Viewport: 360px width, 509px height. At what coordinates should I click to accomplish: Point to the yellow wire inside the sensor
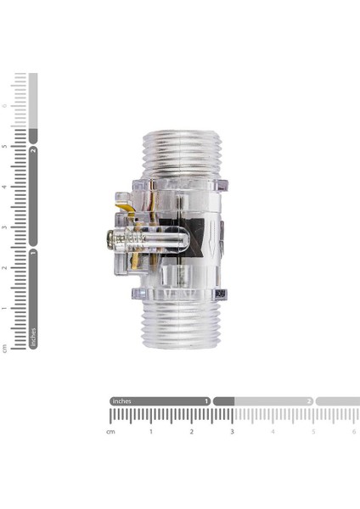tap(126, 206)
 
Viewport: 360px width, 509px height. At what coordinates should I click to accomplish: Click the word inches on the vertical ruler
tap(33, 337)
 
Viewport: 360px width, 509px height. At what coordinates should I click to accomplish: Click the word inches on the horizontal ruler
tap(122, 401)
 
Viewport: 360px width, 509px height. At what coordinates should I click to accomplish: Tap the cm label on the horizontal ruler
tap(110, 432)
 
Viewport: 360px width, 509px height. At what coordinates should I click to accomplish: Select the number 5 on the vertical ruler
tap(5, 146)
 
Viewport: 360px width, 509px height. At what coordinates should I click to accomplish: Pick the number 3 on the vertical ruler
tap(5, 227)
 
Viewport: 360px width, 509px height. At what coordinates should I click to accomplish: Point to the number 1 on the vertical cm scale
tap(5, 308)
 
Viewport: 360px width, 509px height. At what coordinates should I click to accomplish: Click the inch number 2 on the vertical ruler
tap(33, 150)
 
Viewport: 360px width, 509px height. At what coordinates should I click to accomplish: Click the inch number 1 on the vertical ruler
tap(33, 252)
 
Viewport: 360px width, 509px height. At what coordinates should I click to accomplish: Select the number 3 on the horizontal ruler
tap(232, 432)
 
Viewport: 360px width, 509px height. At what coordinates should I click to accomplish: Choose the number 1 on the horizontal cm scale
tap(151, 432)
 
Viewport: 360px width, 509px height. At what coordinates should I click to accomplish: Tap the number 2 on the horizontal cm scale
tap(192, 432)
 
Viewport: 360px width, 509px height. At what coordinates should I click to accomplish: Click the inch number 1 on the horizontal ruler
tap(205, 401)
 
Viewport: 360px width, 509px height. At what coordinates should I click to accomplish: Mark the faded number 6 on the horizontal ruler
tap(353, 432)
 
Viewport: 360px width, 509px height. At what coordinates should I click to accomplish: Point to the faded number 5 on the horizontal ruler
tap(313, 432)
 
